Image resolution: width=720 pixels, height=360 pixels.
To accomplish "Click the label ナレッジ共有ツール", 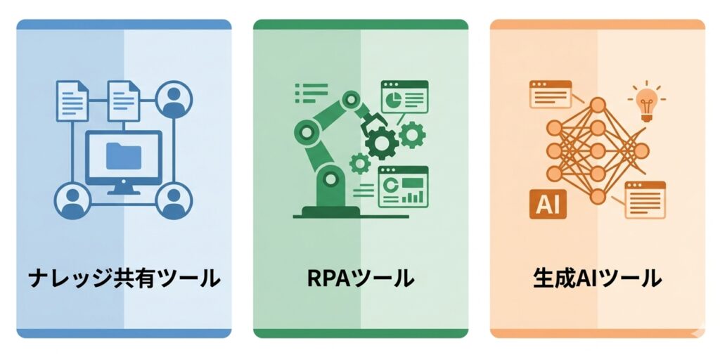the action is [124, 278].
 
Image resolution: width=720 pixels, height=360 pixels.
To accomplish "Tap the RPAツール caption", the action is [361, 278].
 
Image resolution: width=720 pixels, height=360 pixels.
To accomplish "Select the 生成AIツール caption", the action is [598, 278].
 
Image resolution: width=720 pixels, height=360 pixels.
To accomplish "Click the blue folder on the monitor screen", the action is [124, 155].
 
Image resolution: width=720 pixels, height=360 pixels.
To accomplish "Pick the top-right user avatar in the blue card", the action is [174, 99].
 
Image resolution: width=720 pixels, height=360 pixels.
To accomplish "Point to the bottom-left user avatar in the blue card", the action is [72, 200].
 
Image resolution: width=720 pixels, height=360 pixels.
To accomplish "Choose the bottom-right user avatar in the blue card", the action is [174, 200].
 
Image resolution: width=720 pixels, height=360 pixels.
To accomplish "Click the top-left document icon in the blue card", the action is [72, 101].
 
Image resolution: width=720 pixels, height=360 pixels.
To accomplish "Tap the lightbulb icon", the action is [647, 103].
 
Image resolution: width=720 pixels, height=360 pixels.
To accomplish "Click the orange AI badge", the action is [548, 204].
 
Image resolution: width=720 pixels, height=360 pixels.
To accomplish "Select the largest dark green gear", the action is [382, 143].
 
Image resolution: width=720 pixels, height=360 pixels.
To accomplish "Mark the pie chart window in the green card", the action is [404, 97].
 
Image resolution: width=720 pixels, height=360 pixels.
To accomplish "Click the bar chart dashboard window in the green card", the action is [403, 187].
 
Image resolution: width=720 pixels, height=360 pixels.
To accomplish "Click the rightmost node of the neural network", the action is [641, 150].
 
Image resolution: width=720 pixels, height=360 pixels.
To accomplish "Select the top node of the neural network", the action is [598, 105].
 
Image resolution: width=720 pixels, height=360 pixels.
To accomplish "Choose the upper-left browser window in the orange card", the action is [551, 94].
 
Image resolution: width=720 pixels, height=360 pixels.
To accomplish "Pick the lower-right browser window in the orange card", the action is [645, 200].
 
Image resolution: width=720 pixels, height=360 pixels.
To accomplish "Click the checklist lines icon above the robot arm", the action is [311, 94].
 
